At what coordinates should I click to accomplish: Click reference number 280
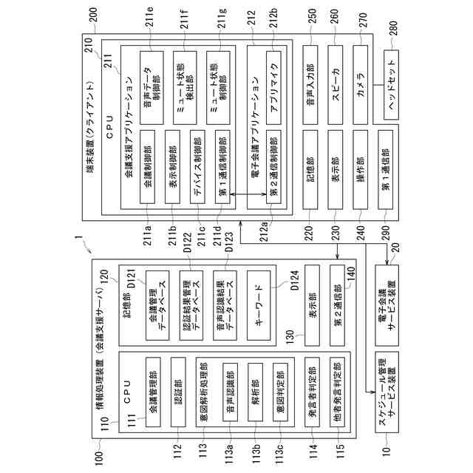[x=391, y=26]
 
